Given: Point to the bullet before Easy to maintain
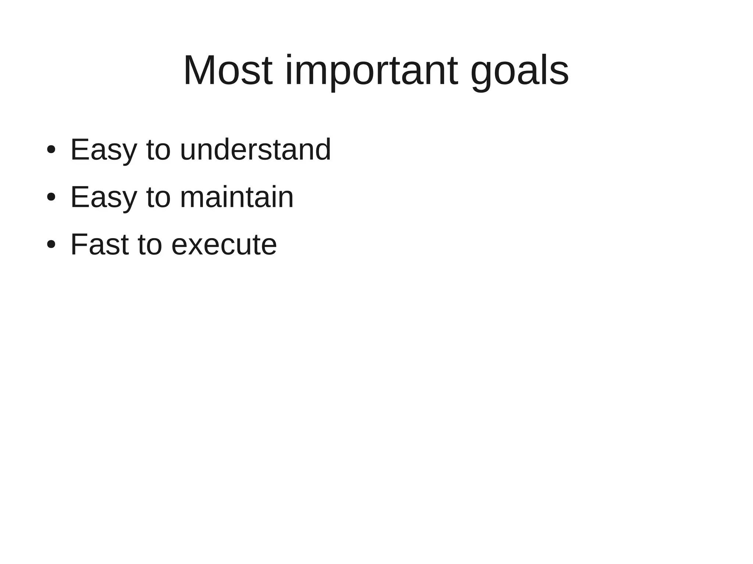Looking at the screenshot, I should (x=51, y=197).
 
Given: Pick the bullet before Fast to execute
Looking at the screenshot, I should (x=51, y=245).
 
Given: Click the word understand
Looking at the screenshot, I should (x=256, y=150).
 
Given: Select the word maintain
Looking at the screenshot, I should (x=237, y=197).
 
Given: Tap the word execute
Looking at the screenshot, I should (x=224, y=245).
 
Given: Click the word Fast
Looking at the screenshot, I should (x=99, y=245).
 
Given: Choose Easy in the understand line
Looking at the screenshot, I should (x=103, y=150).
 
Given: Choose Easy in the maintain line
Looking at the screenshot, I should (x=103, y=197).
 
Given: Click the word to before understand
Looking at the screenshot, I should (x=158, y=150).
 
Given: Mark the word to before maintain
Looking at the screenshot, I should (x=158, y=197).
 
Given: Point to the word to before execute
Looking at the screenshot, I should (x=150, y=245).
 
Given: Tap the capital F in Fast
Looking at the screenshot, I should (x=78, y=245).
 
